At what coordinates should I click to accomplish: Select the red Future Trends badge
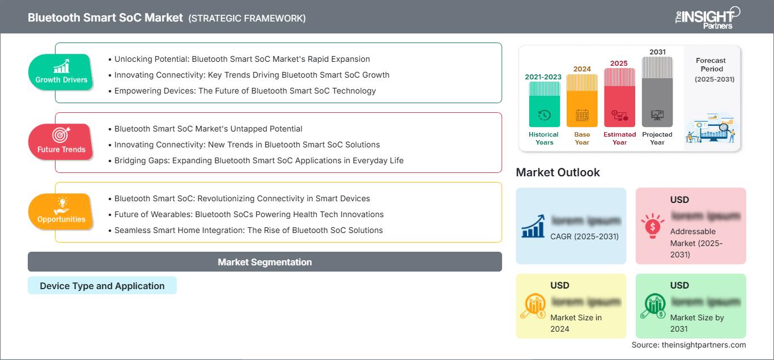point(61,142)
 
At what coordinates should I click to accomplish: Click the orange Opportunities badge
point(61,211)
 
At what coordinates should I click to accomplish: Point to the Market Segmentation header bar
point(265,262)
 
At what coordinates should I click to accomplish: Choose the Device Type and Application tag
point(102,286)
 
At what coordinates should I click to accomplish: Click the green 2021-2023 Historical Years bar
point(544,104)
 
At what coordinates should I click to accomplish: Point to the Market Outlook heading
point(558,172)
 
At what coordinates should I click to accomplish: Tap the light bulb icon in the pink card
point(652,225)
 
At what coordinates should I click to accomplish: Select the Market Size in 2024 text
point(576,323)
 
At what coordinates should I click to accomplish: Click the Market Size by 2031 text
point(697,323)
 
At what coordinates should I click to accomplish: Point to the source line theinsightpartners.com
point(688,345)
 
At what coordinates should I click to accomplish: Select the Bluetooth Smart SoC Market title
point(105,18)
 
